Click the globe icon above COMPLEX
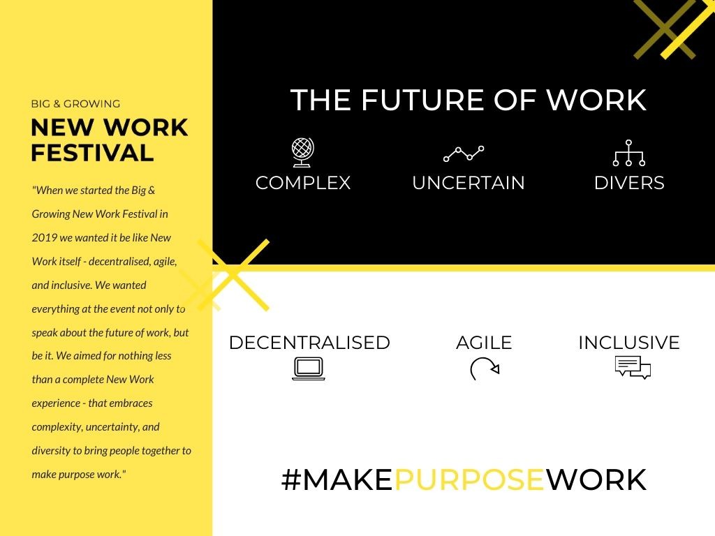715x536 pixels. pos(303,152)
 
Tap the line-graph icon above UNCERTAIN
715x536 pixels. pos(464,154)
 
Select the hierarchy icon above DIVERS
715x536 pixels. pos(629,153)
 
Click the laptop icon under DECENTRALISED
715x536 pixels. pos(309,368)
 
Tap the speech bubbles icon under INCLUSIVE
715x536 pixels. pos(633,367)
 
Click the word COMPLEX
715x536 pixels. pos(303,183)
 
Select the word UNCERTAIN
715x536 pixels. pos(469,183)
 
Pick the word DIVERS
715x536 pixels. pos(629,183)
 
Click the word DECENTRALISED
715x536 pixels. pos(309,343)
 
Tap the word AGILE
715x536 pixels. pos(484,343)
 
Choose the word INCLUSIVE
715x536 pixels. pos(629,343)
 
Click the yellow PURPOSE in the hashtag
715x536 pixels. pos(469,479)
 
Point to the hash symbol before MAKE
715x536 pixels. pos(291,479)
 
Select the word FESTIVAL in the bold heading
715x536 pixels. pos(92,153)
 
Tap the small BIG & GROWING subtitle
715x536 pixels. pos(75,104)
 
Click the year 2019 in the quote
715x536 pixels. pos(44,237)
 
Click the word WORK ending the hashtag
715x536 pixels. pos(596,479)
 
